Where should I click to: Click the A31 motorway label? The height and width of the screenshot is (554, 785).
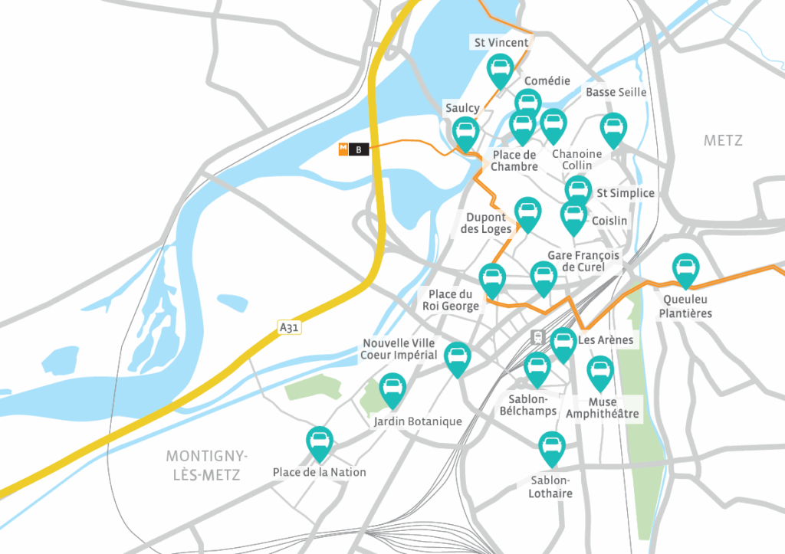[288, 328]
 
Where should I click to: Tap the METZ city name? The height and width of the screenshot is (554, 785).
[723, 141]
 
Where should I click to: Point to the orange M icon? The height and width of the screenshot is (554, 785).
[344, 149]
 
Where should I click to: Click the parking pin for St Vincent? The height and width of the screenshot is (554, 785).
[501, 70]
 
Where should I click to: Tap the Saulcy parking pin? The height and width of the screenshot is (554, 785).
[465, 133]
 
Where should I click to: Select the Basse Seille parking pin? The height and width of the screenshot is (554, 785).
[612, 129]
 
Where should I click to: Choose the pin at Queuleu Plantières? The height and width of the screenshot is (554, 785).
[685, 270]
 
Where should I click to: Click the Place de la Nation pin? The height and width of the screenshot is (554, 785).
[319, 442]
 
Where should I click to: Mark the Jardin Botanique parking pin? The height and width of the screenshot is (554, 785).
[392, 389]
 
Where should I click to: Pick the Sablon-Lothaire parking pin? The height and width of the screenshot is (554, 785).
[551, 447]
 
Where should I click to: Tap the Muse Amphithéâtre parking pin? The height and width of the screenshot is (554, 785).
[600, 372]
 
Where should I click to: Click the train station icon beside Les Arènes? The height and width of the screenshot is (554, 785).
[538, 337]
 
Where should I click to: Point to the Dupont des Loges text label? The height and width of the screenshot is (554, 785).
[486, 223]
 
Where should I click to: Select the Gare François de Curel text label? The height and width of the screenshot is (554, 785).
[583, 261]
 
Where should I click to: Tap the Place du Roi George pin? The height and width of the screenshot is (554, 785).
[492, 280]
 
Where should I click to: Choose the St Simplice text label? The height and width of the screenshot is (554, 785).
[626, 193]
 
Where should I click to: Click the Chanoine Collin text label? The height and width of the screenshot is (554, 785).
[576, 159]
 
